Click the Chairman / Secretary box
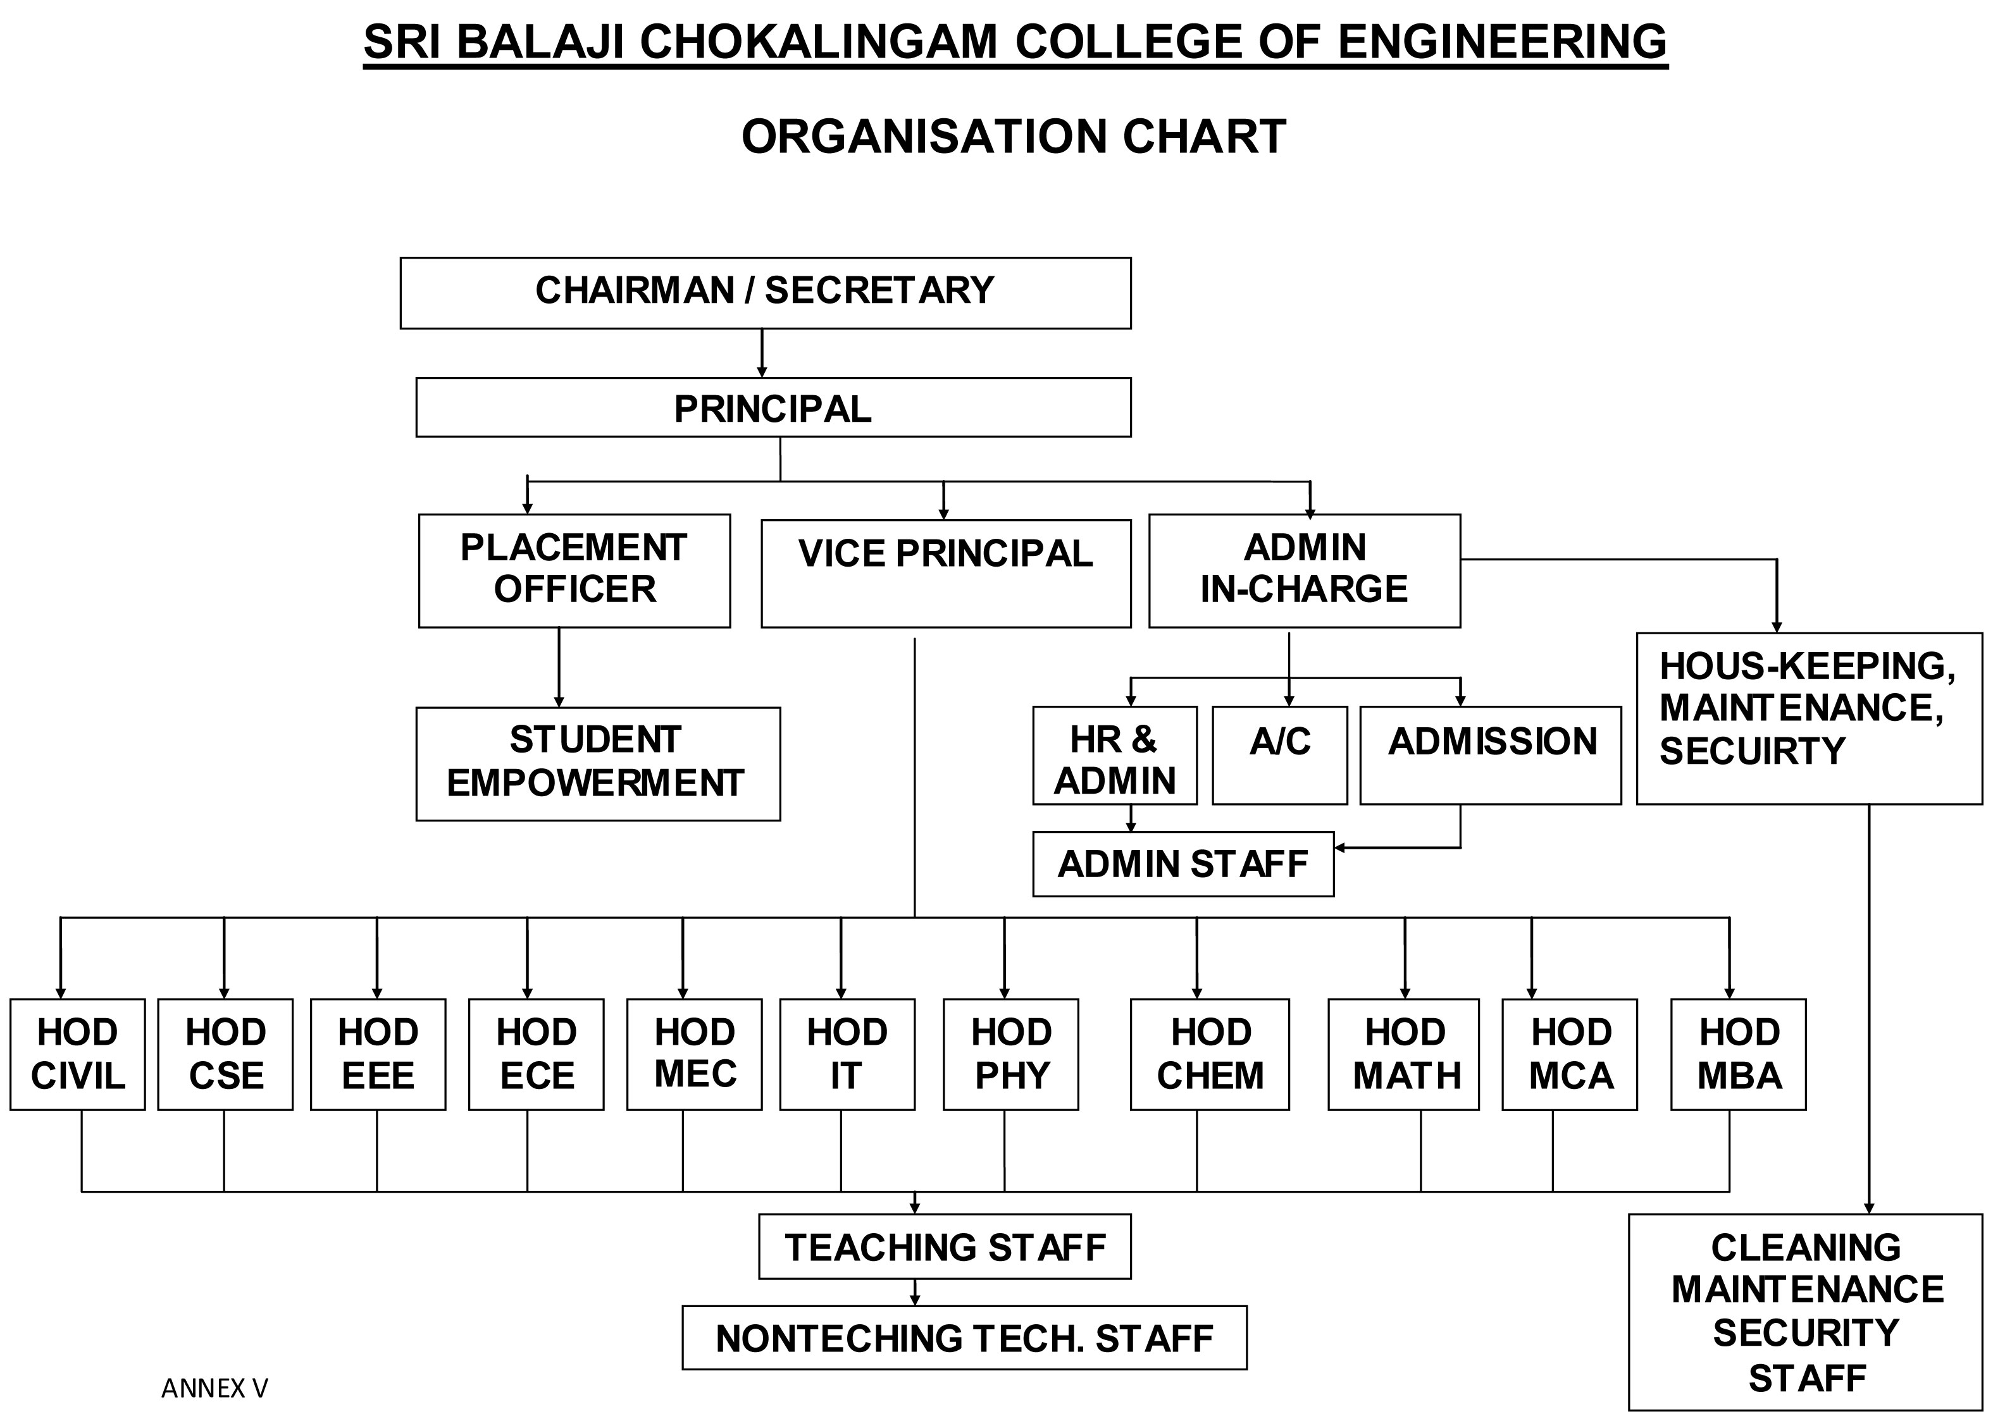click(765, 292)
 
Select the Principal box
click(773, 408)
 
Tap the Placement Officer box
click(574, 570)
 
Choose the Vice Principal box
click(945, 573)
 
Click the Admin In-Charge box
click(1304, 570)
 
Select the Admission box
click(1490, 754)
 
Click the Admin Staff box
click(1183, 864)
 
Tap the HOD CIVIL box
click(77, 1054)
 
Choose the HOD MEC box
click(694, 1054)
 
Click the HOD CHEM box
click(1210, 1054)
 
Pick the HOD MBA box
click(1738, 1054)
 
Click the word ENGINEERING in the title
click(1502, 42)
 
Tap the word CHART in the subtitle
click(1203, 137)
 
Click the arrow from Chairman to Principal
click(762, 354)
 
